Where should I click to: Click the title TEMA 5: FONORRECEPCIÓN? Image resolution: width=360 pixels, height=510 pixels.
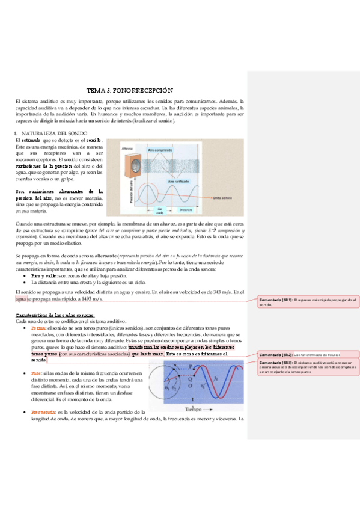click(130, 88)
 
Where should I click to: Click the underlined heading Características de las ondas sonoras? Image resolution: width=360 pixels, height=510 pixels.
click(54, 315)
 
